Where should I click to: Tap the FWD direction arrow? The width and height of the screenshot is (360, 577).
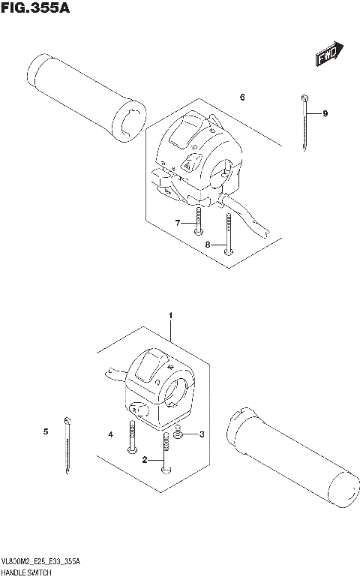[328, 55]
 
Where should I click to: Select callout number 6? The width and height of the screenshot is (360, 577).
[242, 98]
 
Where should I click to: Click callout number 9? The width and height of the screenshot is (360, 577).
[325, 113]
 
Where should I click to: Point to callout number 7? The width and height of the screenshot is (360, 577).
[178, 223]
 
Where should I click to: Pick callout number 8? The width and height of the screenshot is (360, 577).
[207, 245]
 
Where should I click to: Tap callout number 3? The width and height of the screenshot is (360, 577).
[201, 434]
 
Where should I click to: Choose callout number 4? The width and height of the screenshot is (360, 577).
[109, 434]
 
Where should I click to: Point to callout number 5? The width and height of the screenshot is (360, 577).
[45, 431]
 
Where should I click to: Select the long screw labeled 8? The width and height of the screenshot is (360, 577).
[227, 236]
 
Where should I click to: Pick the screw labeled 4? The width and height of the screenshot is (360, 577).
[133, 437]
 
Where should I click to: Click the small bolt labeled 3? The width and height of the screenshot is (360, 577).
[178, 433]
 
